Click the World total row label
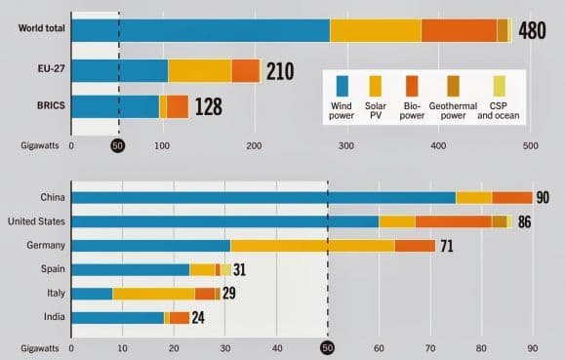point(36,29)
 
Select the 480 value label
point(532,30)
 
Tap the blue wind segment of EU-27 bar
point(119,70)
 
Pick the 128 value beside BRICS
point(209,106)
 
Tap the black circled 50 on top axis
point(118,146)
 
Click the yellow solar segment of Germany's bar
point(312,246)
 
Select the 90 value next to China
point(543,198)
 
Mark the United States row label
point(35,222)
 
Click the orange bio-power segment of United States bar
point(454,222)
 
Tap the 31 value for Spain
point(239,270)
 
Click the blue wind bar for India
point(117,317)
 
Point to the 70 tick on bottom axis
point(430,346)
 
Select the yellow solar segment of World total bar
point(375,29)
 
